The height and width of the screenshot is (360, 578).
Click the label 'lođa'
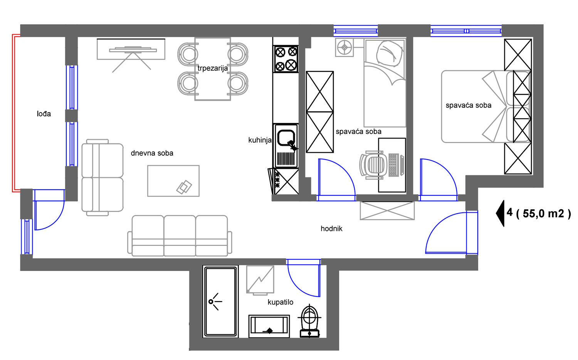pos(44,114)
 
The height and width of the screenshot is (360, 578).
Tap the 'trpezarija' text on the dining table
pos(213,68)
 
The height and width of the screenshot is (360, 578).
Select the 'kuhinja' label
pos(260,140)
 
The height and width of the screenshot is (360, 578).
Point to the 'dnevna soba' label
pos(152,153)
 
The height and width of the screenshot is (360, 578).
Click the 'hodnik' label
pos(331,229)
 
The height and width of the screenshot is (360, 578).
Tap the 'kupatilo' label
pos(281,302)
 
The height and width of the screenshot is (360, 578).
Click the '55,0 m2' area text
pos(543,214)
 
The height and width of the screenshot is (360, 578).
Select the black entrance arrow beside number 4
pos(500,214)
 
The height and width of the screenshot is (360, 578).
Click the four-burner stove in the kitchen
pos(286,59)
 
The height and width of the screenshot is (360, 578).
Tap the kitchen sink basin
pos(286,138)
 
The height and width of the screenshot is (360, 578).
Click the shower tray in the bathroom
pos(221,302)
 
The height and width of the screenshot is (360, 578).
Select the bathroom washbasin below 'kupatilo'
pos(269,326)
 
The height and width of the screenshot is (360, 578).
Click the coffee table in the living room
pos(173,181)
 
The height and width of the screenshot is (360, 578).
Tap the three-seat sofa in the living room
pos(180,236)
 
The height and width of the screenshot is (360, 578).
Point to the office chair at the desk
pos(373,165)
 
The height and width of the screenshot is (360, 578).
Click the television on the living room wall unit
pos(133,49)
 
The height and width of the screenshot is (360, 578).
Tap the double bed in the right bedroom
pos(486,107)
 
